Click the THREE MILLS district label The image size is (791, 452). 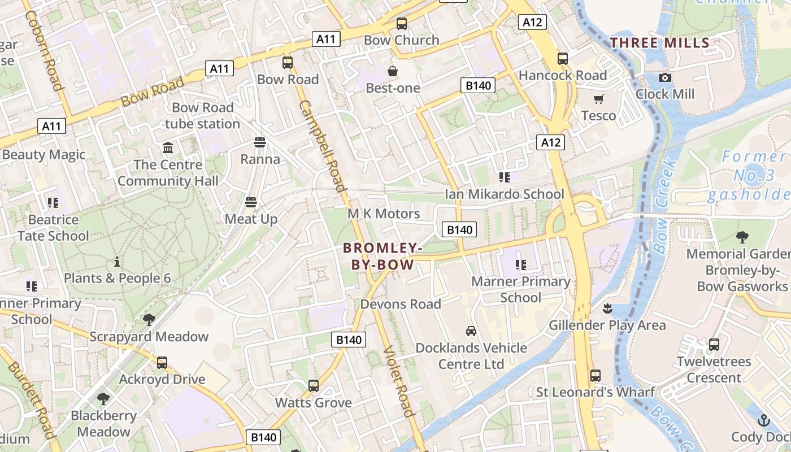tap(660, 43)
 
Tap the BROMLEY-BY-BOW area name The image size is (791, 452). tap(383, 256)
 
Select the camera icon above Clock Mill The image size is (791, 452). tap(665, 78)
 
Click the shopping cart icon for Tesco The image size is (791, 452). tap(599, 99)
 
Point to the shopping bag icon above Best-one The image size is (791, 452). tap(393, 71)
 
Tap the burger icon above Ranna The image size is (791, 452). tap(260, 142)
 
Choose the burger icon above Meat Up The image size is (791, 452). tap(251, 202)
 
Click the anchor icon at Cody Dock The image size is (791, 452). tap(764, 420)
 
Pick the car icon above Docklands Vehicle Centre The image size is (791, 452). tap(471, 331)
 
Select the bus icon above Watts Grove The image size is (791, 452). tap(314, 386)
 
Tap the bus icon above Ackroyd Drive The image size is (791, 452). tap(162, 362)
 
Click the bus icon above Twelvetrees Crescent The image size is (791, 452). tap(714, 344)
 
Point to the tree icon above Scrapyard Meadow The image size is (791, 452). tap(149, 320)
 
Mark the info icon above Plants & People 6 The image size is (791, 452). tap(117, 262)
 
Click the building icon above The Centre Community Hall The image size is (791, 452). tap(168, 148)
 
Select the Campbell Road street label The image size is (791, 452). tap(321, 146)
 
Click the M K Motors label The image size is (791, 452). tap(384, 214)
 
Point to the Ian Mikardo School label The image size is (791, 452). tap(504, 194)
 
